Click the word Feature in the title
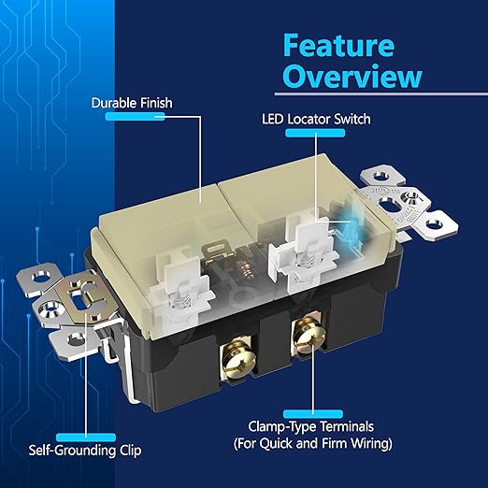[x=338, y=46]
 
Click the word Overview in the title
[x=352, y=76]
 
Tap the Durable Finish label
[x=132, y=103]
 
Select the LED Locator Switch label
[x=316, y=120]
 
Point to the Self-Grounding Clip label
[x=85, y=451]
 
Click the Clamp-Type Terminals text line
[x=311, y=426]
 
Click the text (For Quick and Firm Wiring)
[x=313, y=443]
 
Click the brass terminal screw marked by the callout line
[x=309, y=337]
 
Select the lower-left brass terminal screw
[x=237, y=363]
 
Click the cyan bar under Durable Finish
[x=135, y=117]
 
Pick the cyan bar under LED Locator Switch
[x=315, y=133]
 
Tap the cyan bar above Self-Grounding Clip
[x=86, y=438]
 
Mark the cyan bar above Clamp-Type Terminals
[x=313, y=414]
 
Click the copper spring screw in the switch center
[x=245, y=269]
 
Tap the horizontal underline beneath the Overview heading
[x=381, y=93]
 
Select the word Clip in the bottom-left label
[x=130, y=451]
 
